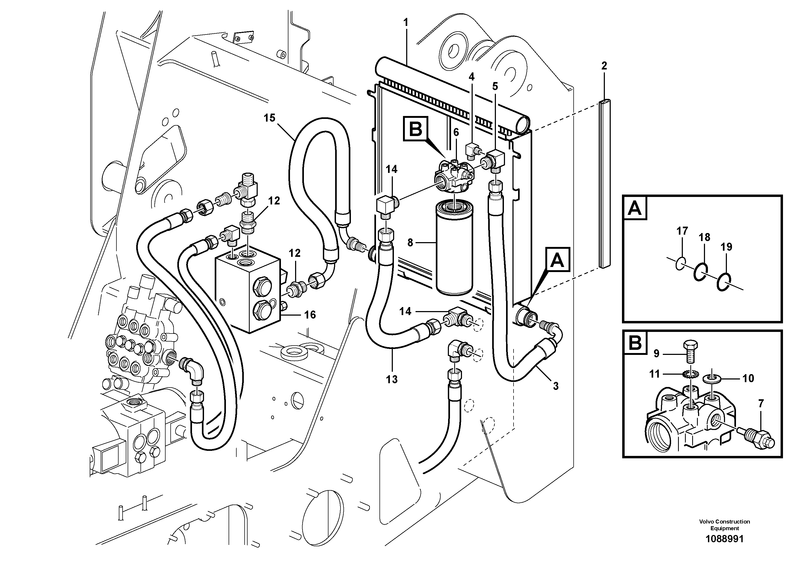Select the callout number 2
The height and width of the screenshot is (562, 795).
(604, 65)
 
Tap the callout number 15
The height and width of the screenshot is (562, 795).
(269, 118)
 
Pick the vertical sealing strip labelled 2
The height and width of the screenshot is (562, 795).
(605, 184)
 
